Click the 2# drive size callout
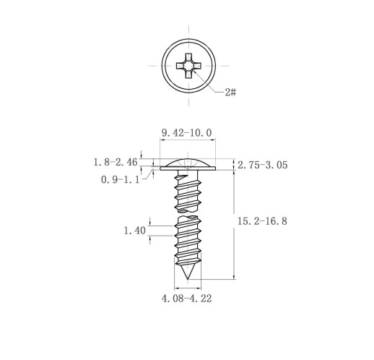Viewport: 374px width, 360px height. [x=230, y=92]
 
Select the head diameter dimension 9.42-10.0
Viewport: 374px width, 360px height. [x=187, y=133]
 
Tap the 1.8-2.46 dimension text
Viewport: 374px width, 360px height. [x=116, y=162]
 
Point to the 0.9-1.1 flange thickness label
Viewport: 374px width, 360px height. [x=120, y=179]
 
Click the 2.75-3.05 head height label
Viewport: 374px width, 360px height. [x=263, y=165]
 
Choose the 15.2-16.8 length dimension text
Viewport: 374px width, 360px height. [x=262, y=221]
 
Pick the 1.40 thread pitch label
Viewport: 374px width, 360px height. [x=134, y=231]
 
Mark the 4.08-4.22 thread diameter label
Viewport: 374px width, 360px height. [x=187, y=299]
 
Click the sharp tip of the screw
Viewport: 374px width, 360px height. [x=188, y=279]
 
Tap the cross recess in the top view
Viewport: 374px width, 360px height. [x=188, y=66]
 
